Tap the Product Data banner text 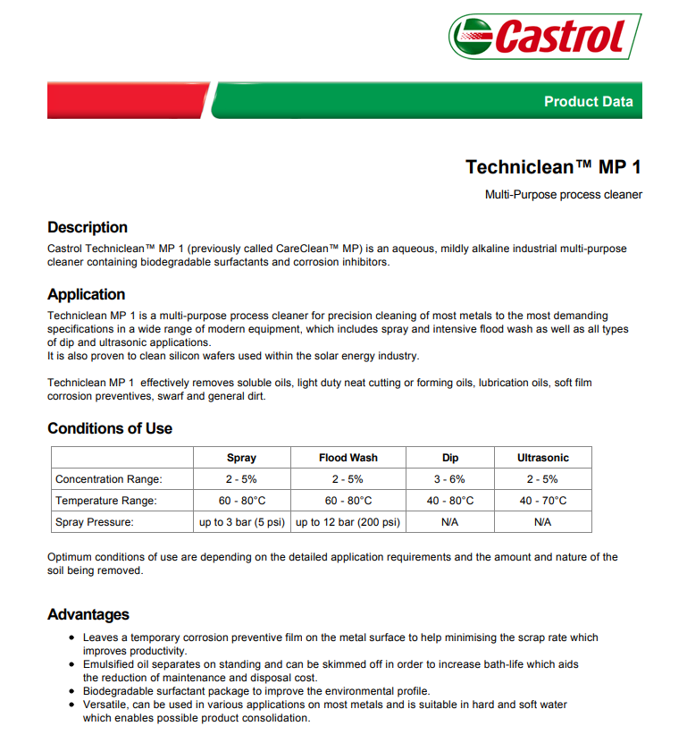point(588,102)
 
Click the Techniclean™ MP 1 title point(553,167)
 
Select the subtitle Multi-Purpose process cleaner point(563,195)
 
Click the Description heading point(88,227)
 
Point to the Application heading point(87,294)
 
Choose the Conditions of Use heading point(110,428)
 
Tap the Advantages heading point(88,614)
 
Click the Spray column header point(241,458)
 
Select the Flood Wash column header point(348,458)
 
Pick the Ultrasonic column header point(542,458)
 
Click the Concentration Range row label point(109,479)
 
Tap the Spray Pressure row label point(95,522)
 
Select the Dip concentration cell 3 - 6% point(449,479)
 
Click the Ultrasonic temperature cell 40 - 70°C point(542,501)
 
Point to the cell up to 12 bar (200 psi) point(348,522)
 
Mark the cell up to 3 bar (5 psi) point(241,522)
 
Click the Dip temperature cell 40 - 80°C point(449,501)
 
